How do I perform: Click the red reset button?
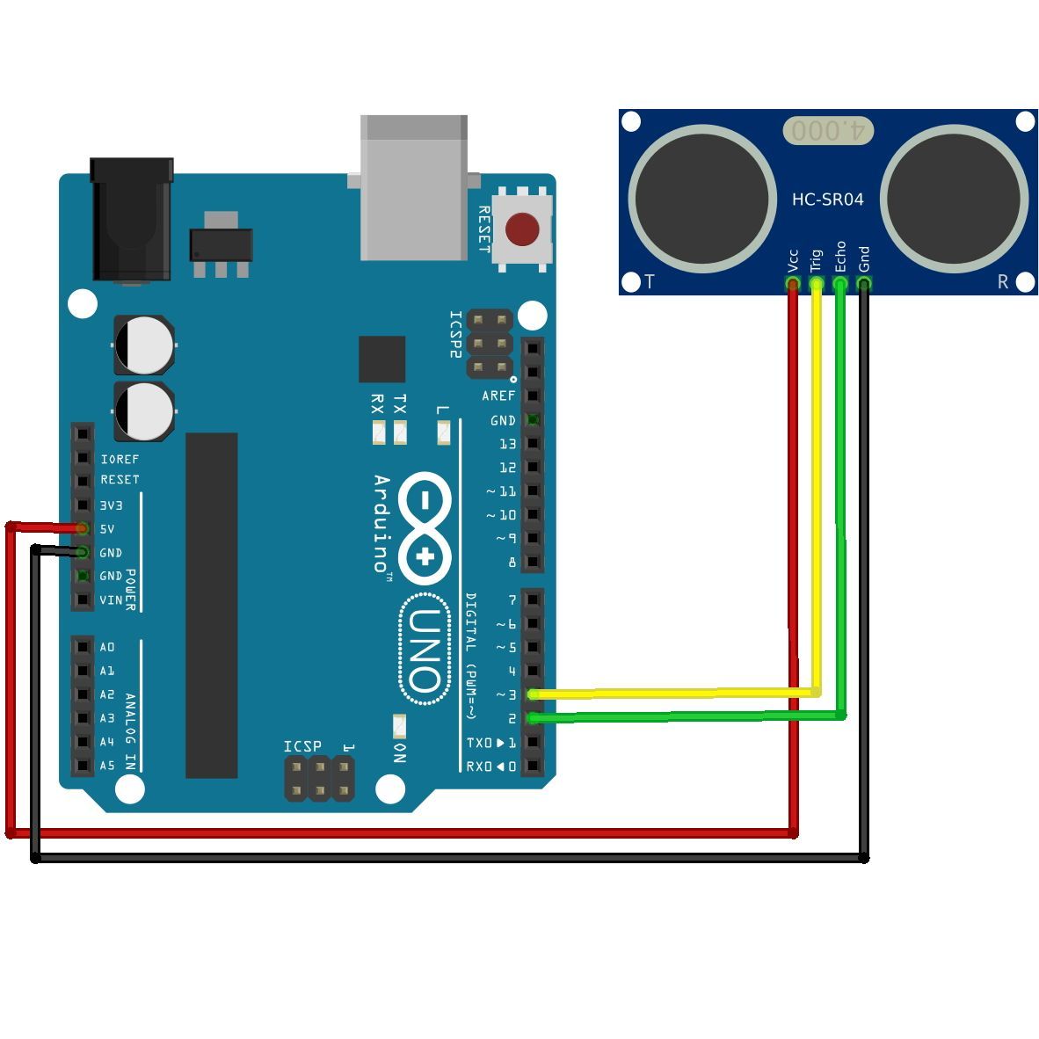(x=522, y=230)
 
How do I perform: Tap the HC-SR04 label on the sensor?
(x=827, y=200)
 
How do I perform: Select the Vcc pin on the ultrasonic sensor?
(x=793, y=283)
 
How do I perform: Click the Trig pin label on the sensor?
(x=816, y=260)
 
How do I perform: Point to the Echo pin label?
(x=839, y=257)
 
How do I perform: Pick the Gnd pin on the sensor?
(x=863, y=283)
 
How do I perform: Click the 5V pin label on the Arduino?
(x=107, y=529)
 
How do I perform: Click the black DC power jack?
(x=132, y=220)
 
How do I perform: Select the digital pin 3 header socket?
(x=533, y=694)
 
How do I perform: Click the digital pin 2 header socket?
(x=533, y=718)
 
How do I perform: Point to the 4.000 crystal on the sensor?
(x=828, y=131)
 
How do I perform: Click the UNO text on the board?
(x=425, y=650)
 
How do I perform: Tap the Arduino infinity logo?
(x=425, y=527)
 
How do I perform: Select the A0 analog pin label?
(x=107, y=647)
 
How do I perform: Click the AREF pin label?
(x=498, y=396)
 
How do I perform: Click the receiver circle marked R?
(x=954, y=198)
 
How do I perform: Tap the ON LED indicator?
(x=399, y=726)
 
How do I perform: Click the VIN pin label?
(x=111, y=600)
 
